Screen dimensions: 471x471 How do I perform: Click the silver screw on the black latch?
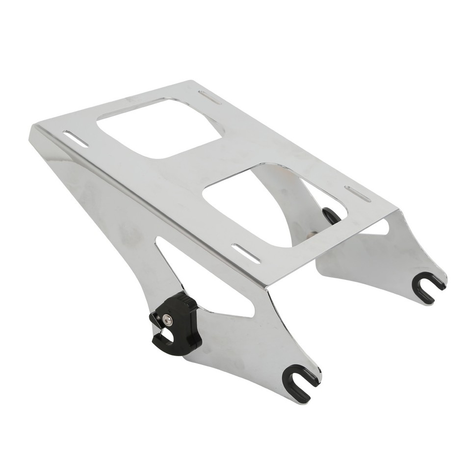pyautogui.click(x=169, y=319)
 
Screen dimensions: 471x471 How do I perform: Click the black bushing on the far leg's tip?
pyautogui.click(x=427, y=287)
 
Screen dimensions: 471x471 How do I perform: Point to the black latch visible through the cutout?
pyautogui.click(x=330, y=215)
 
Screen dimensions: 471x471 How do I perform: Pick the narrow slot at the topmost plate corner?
pyautogui.click(x=209, y=97)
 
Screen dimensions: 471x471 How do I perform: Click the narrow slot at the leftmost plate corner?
pyautogui.click(x=76, y=138)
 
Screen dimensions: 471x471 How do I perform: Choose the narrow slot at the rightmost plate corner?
pyautogui.click(x=358, y=194)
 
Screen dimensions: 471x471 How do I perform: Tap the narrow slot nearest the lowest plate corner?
pyautogui.click(x=246, y=253)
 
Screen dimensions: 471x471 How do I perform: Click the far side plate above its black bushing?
pyautogui.click(x=392, y=260)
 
